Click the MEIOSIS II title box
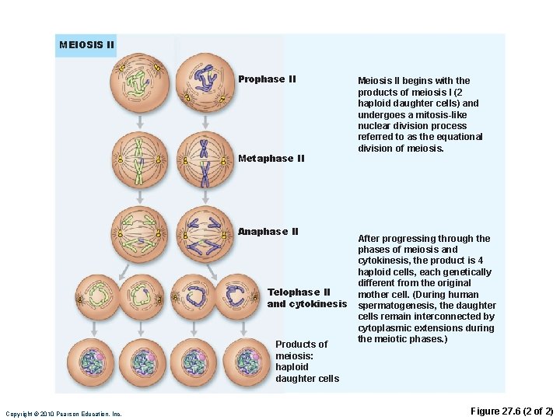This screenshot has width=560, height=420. click(x=86, y=45)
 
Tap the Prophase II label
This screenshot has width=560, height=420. click(x=267, y=79)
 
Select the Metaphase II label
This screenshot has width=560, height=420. click(x=271, y=159)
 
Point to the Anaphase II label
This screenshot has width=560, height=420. click(x=268, y=232)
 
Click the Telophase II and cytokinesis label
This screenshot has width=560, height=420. click(x=306, y=298)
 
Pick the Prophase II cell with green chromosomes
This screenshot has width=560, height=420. click(x=139, y=84)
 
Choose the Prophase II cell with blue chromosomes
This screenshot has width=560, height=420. click(x=205, y=84)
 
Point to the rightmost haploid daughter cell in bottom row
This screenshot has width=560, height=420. click(x=247, y=360)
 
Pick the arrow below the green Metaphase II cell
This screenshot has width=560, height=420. click(x=139, y=195)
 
